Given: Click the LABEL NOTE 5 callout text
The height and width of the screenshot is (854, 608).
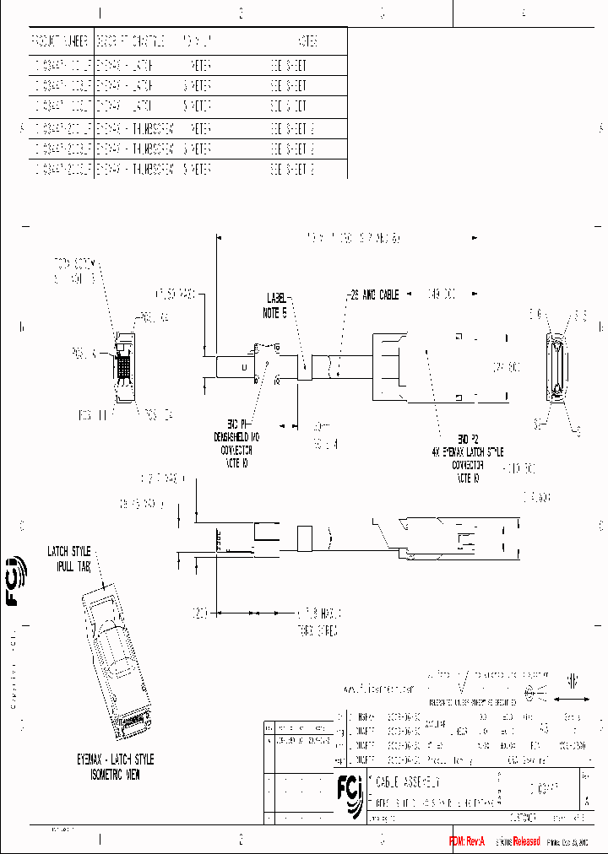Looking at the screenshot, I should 278,304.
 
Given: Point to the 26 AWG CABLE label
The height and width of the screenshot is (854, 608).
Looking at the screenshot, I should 373,295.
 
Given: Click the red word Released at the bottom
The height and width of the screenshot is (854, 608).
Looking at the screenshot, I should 521,841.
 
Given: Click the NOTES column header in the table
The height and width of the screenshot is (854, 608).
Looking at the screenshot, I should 307,41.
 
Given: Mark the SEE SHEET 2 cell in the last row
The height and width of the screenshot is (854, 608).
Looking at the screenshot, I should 292,169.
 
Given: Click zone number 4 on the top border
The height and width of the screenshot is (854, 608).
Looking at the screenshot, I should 524,13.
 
